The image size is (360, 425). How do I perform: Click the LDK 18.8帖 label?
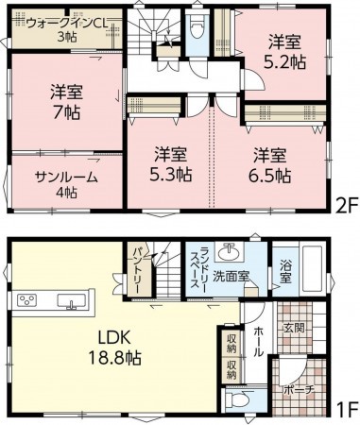[x=114, y=348]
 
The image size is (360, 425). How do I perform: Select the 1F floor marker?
[x=349, y=408]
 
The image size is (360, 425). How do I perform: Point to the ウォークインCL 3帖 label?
[x=67, y=30]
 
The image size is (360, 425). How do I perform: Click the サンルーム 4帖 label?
[x=66, y=185]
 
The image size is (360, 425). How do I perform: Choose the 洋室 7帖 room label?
[x=66, y=102]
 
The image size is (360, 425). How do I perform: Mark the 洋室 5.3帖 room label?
[x=170, y=164]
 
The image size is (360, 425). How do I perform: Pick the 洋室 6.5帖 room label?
[x=269, y=165]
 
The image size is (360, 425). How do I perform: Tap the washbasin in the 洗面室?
[x=230, y=251]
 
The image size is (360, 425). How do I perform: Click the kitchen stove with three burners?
[x=26, y=299]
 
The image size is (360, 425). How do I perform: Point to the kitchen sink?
[x=71, y=301]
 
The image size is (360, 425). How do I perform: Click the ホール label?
[x=258, y=342]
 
